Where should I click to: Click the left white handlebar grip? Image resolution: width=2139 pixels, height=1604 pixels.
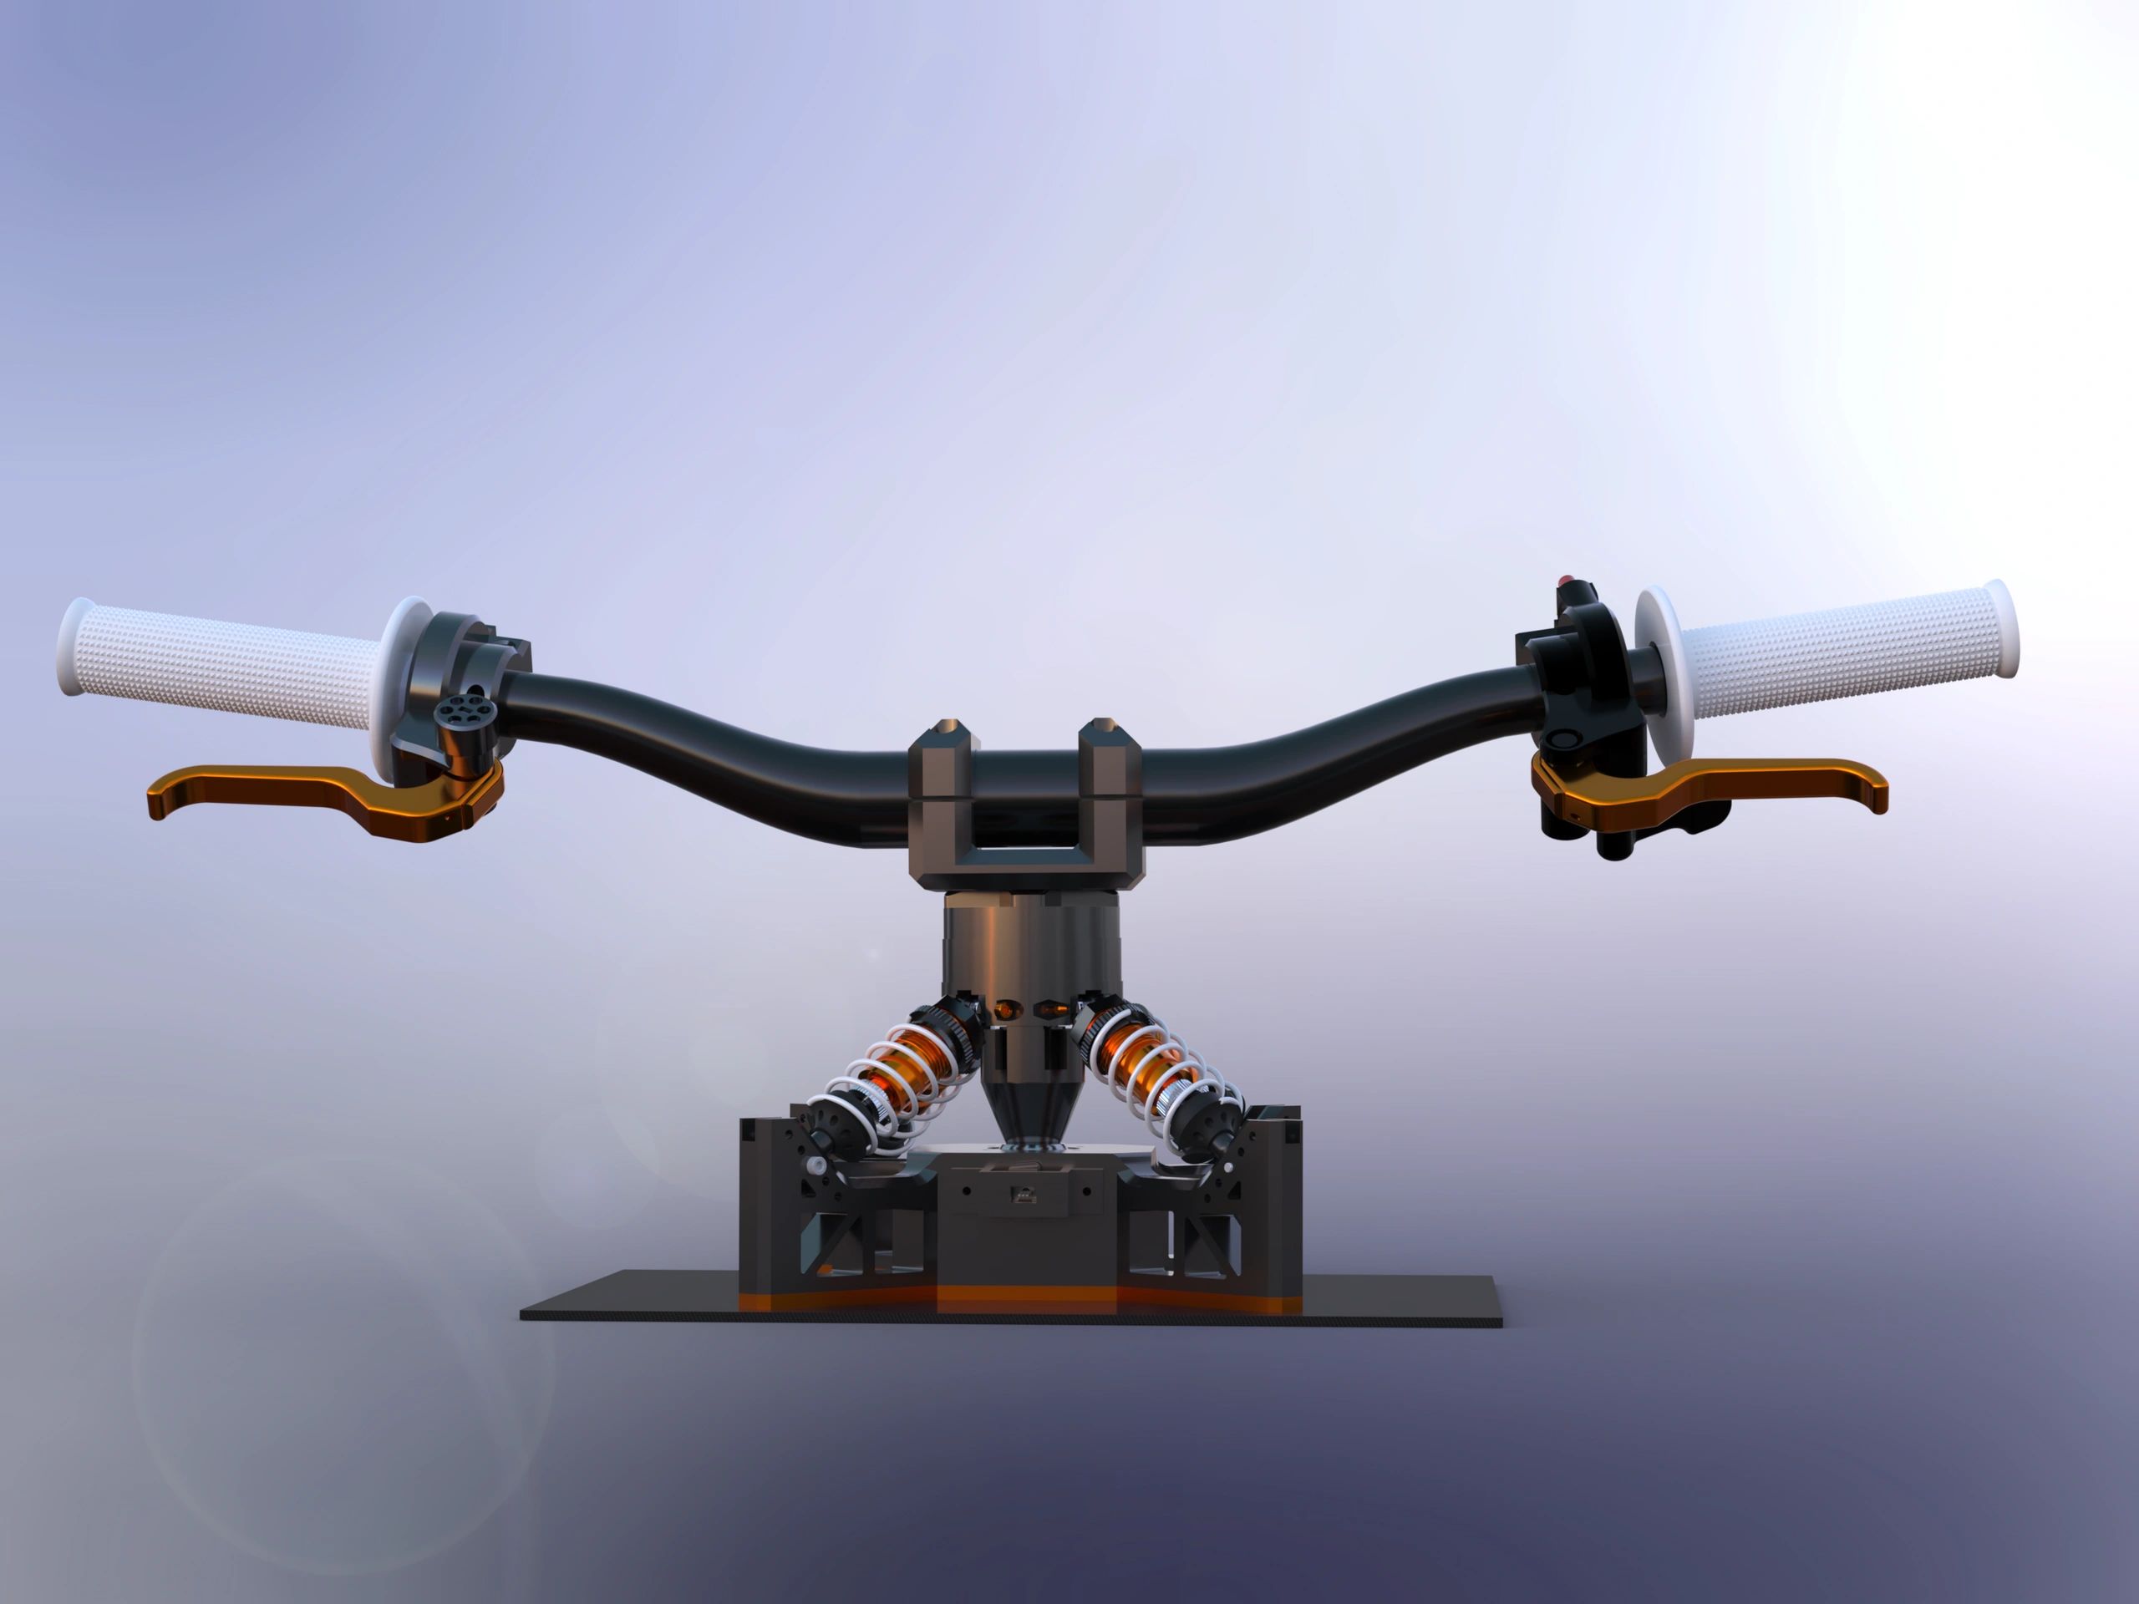(x=222, y=657)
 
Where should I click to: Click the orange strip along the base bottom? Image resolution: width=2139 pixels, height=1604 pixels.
(x=1025, y=1298)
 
